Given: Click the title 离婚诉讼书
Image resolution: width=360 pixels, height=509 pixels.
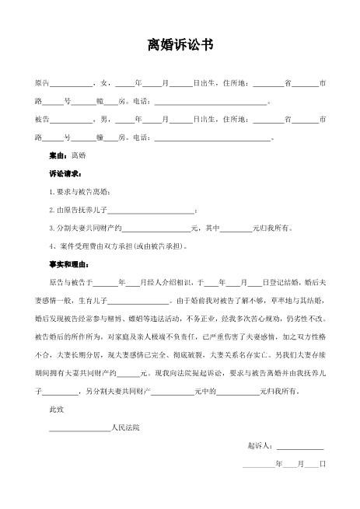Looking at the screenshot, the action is [x=180, y=46].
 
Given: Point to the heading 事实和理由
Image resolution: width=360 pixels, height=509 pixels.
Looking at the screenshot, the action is [x=68, y=263].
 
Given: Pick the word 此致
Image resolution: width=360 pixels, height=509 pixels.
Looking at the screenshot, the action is [x=56, y=408].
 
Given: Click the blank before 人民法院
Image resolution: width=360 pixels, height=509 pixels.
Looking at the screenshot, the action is [x=79, y=428].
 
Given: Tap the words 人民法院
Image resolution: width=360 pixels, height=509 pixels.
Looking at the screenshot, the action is [x=125, y=427].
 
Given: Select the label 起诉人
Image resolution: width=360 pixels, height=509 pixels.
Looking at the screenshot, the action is [x=259, y=446].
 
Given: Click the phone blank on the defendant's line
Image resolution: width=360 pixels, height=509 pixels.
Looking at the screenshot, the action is [x=212, y=139].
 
